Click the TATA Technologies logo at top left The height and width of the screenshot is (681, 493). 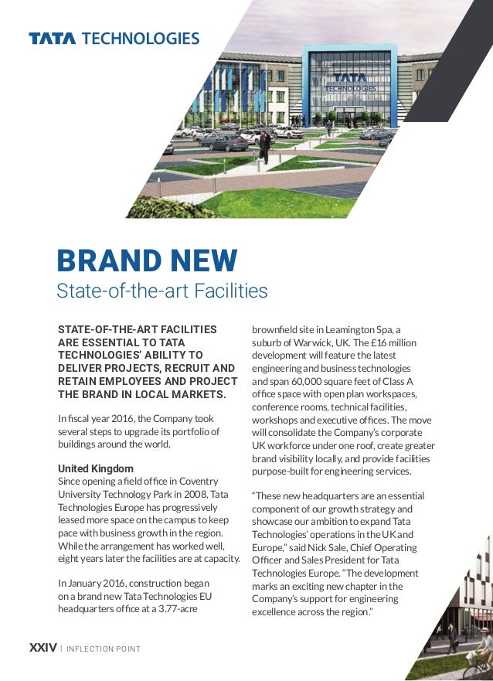(x=114, y=39)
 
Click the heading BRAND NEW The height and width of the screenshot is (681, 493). (x=147, y=261)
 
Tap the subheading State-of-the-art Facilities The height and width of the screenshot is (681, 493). (x=162, y=291)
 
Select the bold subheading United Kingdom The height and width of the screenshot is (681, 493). (x=96, y=469)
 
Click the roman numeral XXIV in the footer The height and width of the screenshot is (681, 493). (x=42, y=648)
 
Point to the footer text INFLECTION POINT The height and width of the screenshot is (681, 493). (x=104, y=649)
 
